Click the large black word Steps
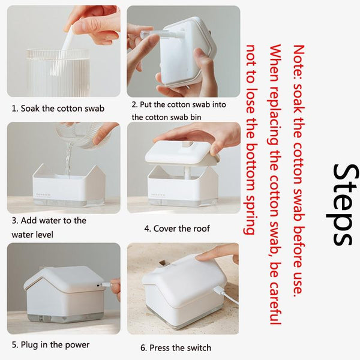[x=343, y=205]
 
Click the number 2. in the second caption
[x=135, y=104]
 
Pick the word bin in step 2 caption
[x=196, y=117]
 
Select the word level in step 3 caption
[x=44, y=235]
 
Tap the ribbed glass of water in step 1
[x=58, y=73]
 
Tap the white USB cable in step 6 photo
[x=226, y=296]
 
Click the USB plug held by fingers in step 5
[x=106, y=285]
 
